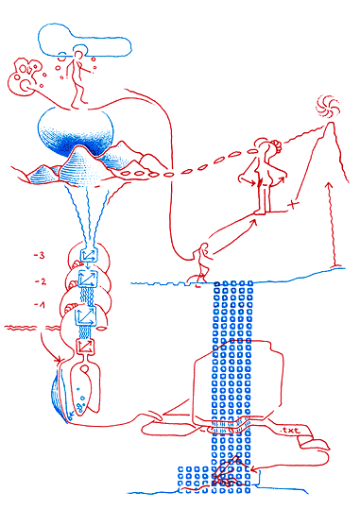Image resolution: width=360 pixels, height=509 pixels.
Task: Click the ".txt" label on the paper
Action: point(290,431)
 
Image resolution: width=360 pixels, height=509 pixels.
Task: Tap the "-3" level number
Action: point(39,256)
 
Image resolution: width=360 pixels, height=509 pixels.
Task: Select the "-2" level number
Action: point(41,281)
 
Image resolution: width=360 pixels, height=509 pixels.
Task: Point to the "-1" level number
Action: point(40,305)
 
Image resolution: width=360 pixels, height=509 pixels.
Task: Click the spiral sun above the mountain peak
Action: point(328,107)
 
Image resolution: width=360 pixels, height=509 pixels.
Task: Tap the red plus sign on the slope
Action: point(293,205)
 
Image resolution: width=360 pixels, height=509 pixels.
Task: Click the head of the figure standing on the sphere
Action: point(77,55)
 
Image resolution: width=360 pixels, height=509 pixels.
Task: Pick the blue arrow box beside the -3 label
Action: point(89,255)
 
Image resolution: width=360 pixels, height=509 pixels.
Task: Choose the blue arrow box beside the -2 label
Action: point(88,279)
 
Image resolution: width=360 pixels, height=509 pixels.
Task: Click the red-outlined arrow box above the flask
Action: point(85,347)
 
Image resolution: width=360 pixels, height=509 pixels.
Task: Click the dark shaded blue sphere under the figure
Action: point(76,133)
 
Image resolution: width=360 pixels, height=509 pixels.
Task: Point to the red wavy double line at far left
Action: point(20,328)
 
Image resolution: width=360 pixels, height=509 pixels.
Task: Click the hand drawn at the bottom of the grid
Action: point(226,472)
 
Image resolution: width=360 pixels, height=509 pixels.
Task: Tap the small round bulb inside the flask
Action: point(85,368)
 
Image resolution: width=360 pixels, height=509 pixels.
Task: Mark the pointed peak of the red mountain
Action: point(331,123)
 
